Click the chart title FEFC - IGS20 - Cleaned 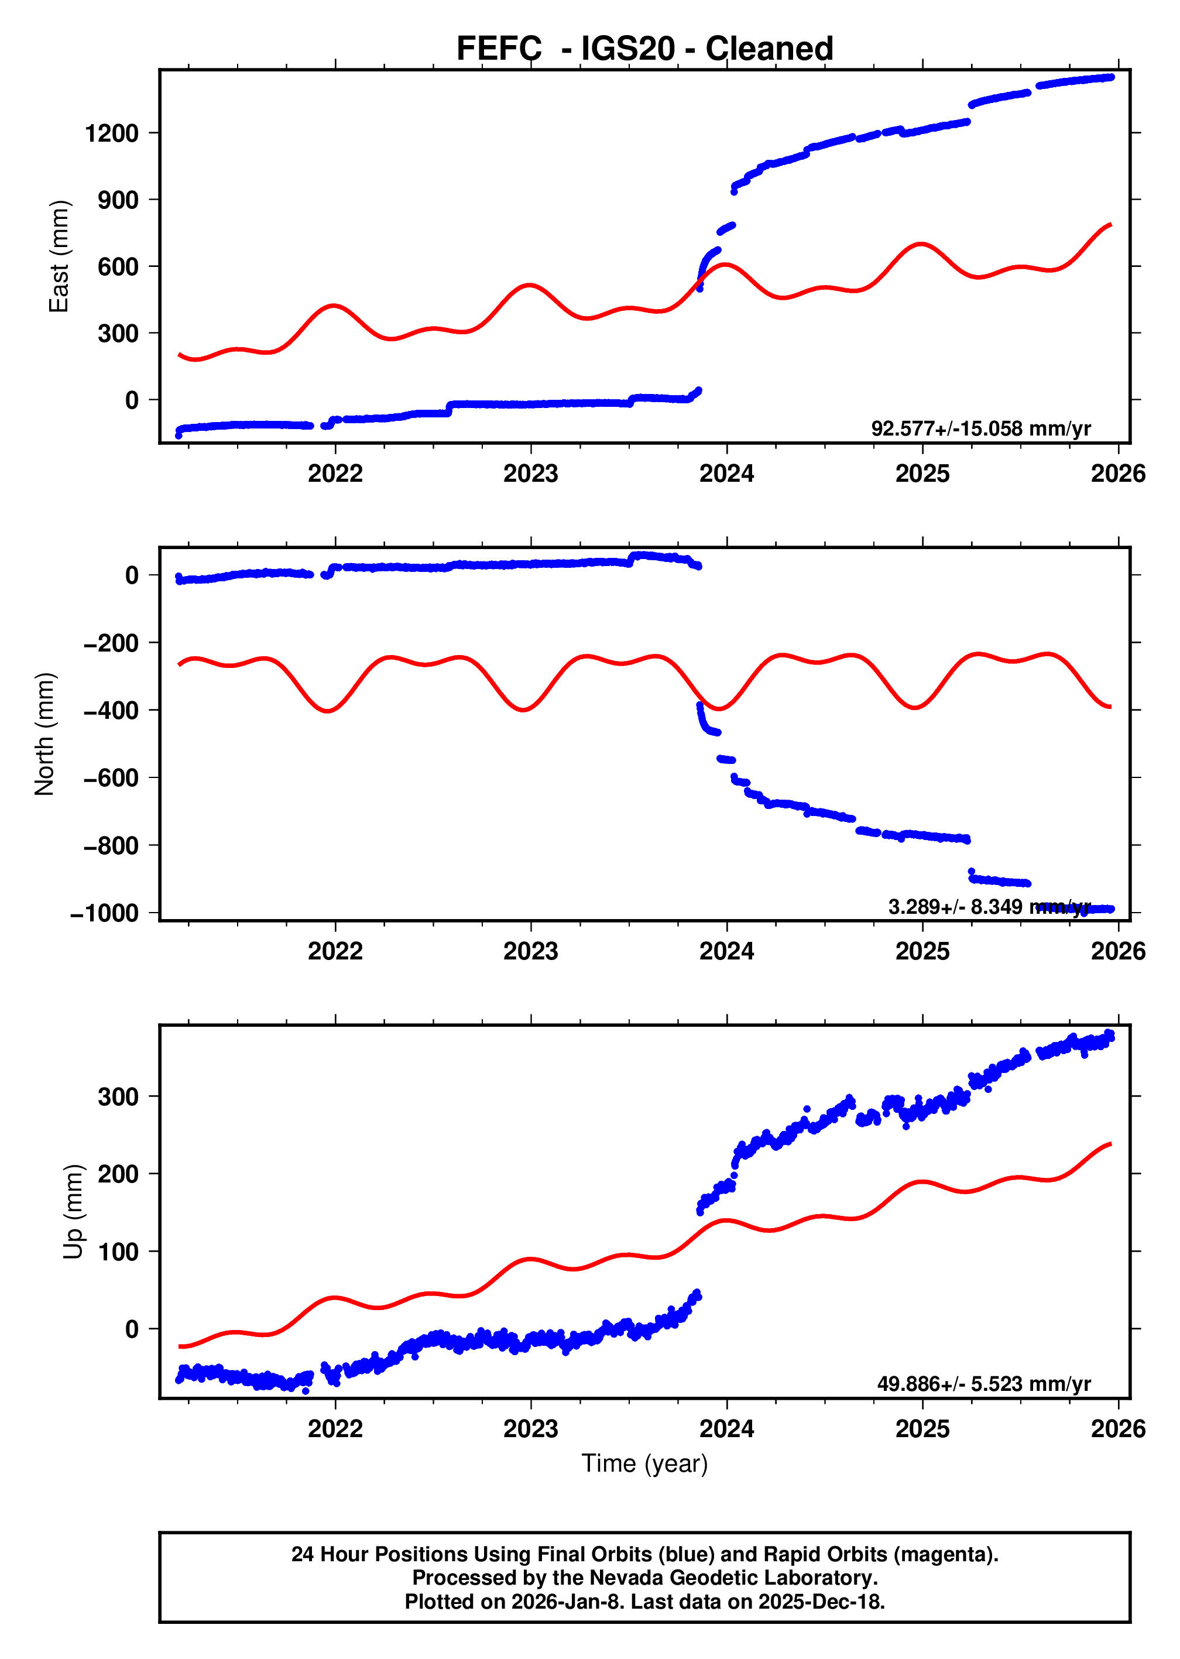pyautogui.click(x=644, y=49)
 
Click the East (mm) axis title pyautogui.click(x=59, y=256)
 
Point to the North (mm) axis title pyautogui.click(x=44, y=734)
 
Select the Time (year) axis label pyautogui.click(x=644, y=1463)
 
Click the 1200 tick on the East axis pyautogui.click(x=111, y=133)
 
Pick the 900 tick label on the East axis pyautogui.click(x=118, y=200)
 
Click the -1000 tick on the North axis pyautogui.click(x=104, y=913)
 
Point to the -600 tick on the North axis pyautogui.click(x=111, y=778)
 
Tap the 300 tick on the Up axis pyautogui.click(x=118, y=1096)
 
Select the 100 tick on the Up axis pyautogui.click(x=118, y=1252)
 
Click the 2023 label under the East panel pyautogui.click(x=530, y=474)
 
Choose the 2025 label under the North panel pyautogui.click(x=922, y=951)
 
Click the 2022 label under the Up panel pyautogui.click(x=335, y=1428)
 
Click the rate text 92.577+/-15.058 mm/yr pyautogui.click(x=981, y=429)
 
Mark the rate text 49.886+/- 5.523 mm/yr pyautogui.click(x=984, y=1384)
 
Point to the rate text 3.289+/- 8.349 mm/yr pyautogui.click(x=989, y=907)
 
